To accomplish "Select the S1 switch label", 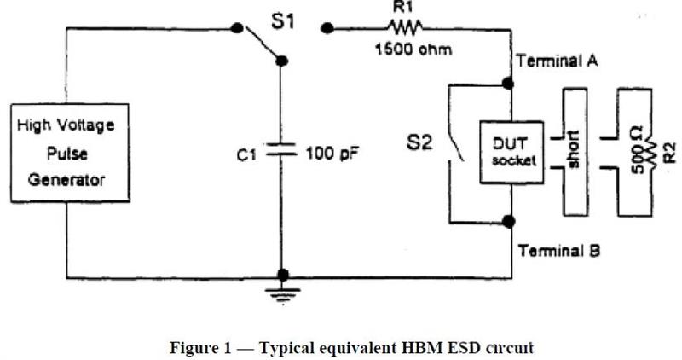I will [283, 20].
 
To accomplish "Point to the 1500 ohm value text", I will [413, 49].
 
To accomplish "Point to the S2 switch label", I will [419, 142].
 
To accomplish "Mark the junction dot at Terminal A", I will [508, 83].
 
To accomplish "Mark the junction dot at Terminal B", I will [508, 221].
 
